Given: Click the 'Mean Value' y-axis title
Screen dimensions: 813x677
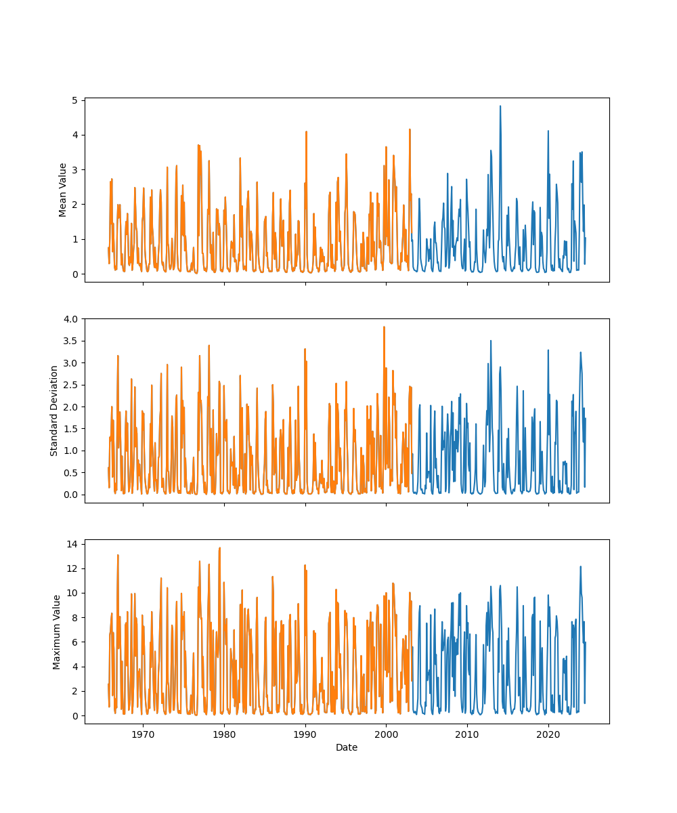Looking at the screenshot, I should tap(63, 190).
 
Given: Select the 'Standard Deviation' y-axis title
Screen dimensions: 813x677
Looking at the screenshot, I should tap(54, 411).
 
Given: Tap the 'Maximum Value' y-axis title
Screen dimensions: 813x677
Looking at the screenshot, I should tap(57, 631).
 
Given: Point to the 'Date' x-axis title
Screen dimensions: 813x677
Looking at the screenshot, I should tap(347, 747).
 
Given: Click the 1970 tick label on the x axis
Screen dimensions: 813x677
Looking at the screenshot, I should tap(143, 734).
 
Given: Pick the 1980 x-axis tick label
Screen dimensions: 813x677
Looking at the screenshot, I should tap(224, 734).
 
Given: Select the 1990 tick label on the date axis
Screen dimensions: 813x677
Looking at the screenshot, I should tap(305, 734).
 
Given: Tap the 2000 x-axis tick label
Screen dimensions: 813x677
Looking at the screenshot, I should tap(386, 734).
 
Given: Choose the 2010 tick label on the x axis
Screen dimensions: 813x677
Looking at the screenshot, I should tap(467, 734).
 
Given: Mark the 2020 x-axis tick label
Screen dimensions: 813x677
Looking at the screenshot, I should tap(548, 734).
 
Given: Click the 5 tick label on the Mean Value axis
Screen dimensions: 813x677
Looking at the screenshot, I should tap(75, 100).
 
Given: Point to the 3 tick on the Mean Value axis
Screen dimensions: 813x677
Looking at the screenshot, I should tap(75, 169).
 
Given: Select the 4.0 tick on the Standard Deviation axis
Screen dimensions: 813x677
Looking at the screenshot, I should tap(70, 318).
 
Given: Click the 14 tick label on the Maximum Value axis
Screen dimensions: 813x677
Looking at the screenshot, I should tap(72, 543).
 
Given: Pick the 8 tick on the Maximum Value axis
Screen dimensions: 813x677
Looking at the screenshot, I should tap(75, 617).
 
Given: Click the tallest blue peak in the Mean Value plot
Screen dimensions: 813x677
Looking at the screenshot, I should tap(500, 106).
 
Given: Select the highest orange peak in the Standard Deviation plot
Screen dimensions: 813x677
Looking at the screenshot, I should tap(384, 327).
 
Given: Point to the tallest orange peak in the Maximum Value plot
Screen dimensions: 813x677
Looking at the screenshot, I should tap(219, 548).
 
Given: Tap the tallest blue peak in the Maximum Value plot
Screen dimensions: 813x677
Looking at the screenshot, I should tap(580, 566).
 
